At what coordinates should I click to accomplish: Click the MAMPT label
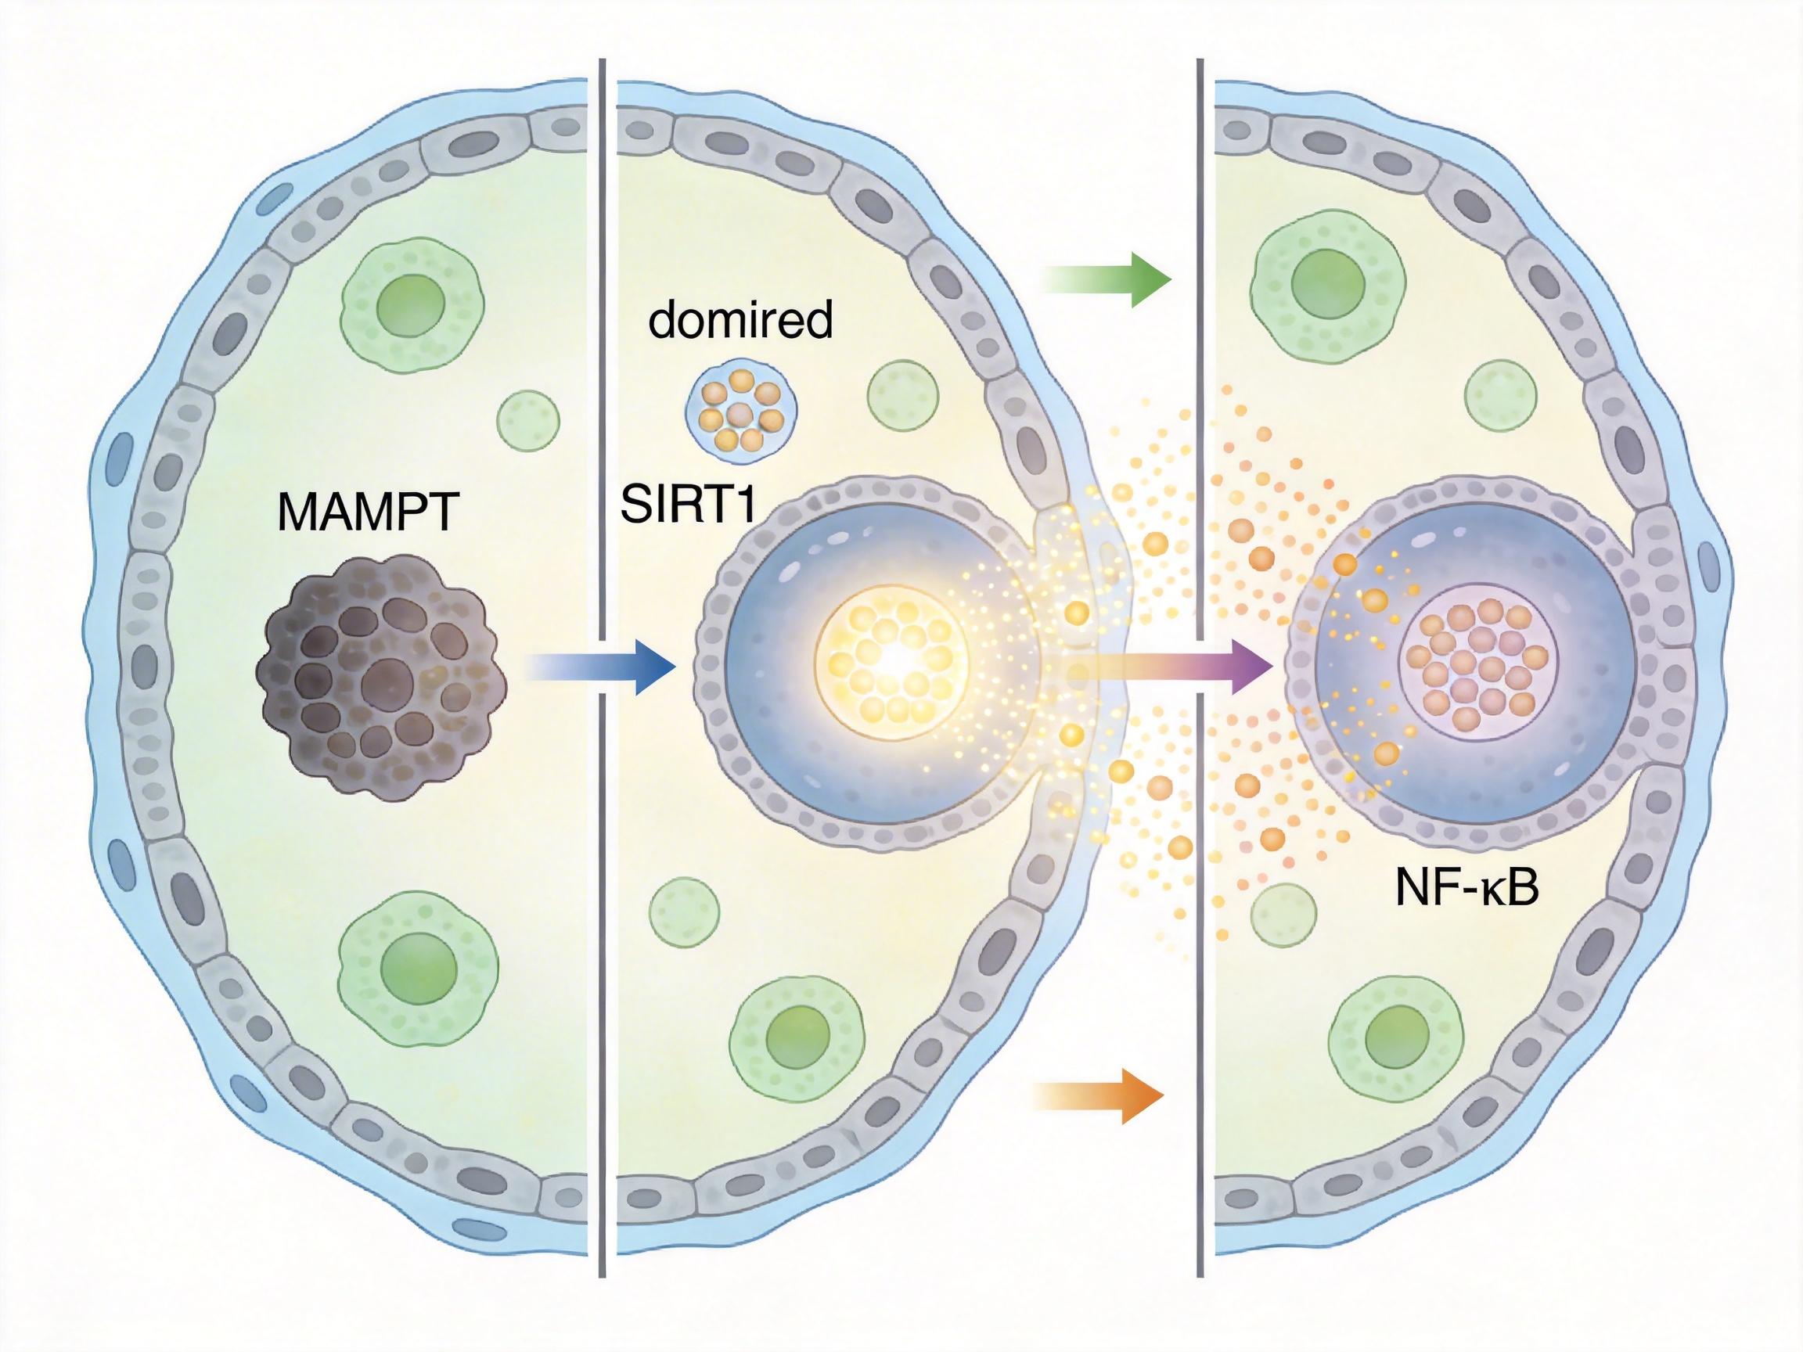[368, 512]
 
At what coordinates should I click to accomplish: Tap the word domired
[740, 320]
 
